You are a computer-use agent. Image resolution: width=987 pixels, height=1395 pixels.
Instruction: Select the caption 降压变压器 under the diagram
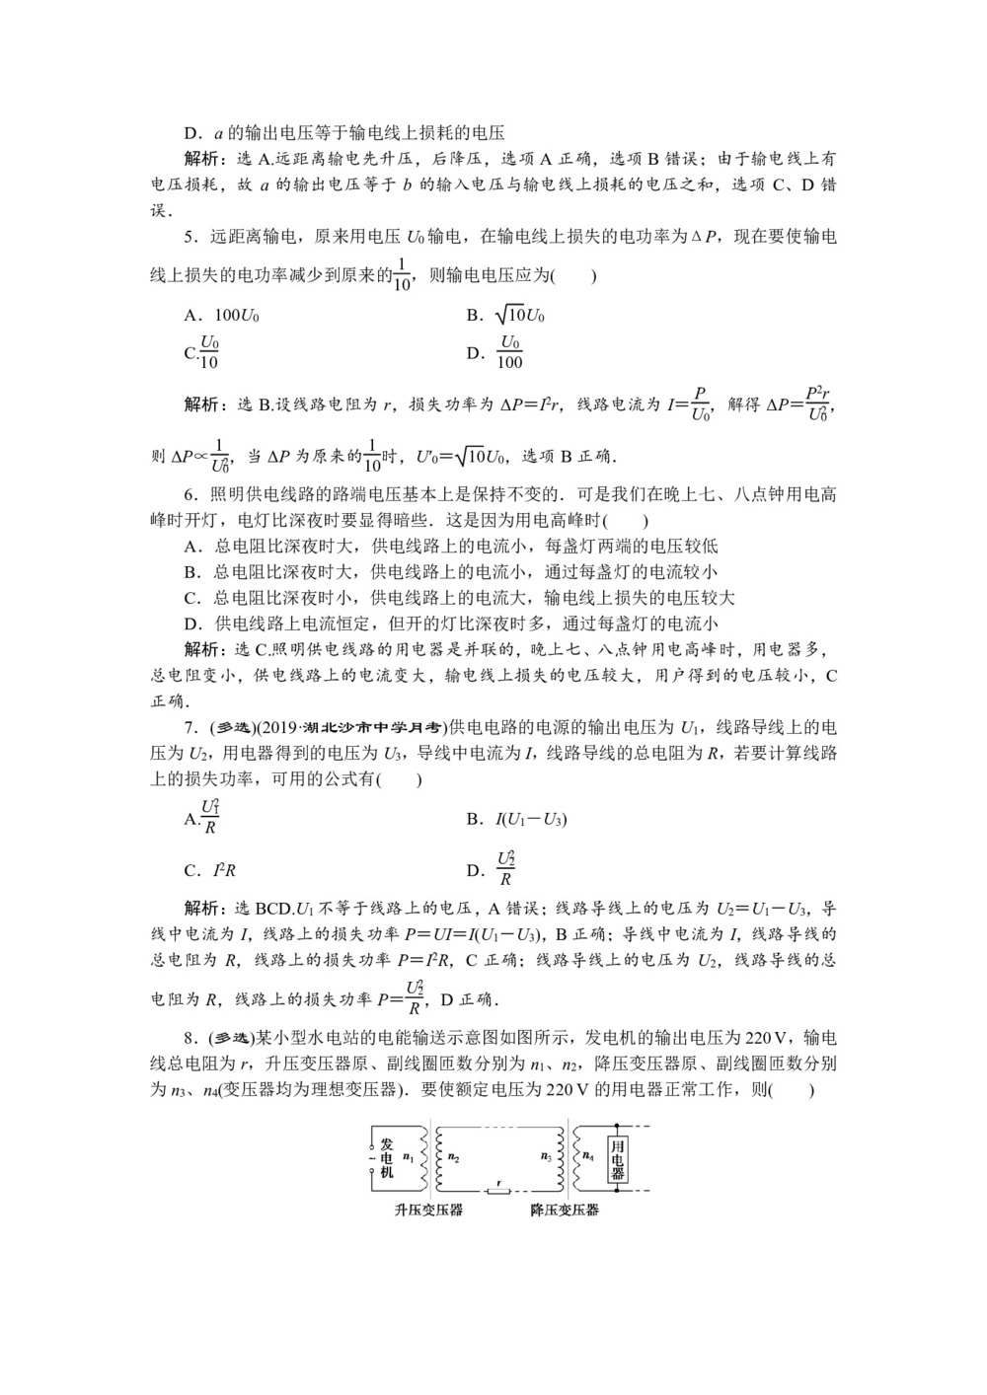[x=565, y=1211]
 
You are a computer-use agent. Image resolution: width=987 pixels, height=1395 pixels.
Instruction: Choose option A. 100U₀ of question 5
[x=223, y=317]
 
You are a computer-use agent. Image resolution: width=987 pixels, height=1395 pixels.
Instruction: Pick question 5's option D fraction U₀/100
[x=509, y=352]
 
